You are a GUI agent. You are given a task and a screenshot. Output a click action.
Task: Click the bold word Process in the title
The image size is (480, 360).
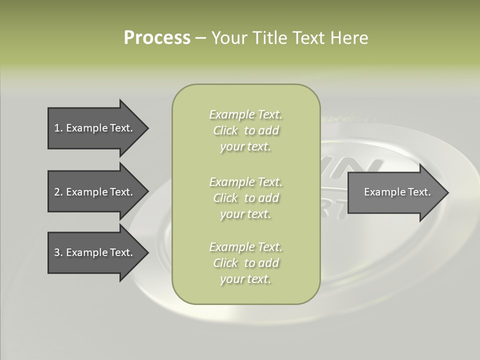[157, 38]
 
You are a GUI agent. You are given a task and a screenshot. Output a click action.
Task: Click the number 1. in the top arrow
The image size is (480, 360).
[58, 128]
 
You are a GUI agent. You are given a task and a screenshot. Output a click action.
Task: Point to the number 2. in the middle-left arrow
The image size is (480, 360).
[58, 192]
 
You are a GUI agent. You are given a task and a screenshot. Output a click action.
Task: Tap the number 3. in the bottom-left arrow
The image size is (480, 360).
[58, 252]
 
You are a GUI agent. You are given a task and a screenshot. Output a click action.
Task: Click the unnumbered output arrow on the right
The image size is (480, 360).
[395, 192]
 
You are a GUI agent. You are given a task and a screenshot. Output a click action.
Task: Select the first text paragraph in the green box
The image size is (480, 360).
[245, 130]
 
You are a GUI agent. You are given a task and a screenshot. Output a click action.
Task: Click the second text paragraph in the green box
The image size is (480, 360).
[245, 197]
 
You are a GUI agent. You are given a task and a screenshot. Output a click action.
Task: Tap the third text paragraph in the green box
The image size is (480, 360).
[245, 263]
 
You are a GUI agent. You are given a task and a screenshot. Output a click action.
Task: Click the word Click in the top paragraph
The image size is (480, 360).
[225, 130]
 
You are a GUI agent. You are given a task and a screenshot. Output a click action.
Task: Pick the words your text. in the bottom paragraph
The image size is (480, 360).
[245, 279]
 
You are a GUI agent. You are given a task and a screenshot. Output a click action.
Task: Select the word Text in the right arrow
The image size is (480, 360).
[419, 192]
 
